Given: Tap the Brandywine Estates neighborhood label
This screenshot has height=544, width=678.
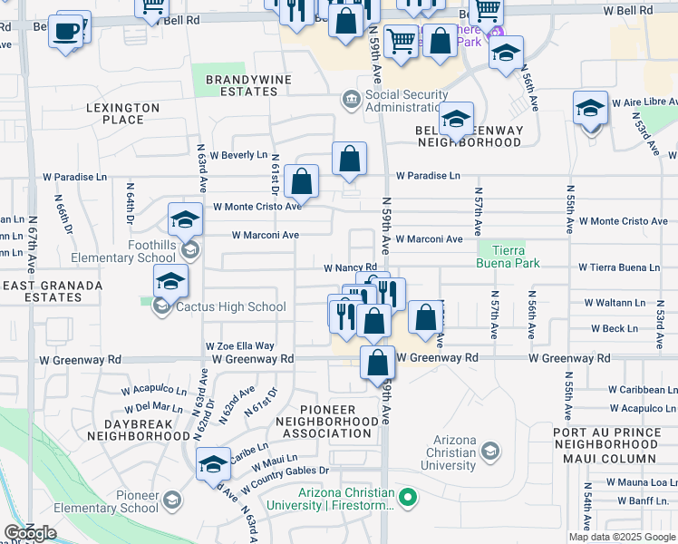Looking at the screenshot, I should pos(241,85).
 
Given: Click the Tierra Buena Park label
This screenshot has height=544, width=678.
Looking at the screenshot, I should pos(508,257).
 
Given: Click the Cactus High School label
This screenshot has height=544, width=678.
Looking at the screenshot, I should pos(230,306).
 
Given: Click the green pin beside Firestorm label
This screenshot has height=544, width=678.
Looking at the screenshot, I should pos(408,496).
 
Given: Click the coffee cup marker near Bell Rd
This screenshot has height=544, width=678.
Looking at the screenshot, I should pos(66,32).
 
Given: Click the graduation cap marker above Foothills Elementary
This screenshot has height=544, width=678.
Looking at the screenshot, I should pos(185,219).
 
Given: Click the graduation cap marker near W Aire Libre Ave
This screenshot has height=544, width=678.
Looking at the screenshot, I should pos(590,109).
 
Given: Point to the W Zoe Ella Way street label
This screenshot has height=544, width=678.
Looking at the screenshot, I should pos(240,345).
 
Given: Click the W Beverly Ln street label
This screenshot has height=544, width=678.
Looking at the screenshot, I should pos(245,155).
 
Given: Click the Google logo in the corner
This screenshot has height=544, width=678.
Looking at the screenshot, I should pos(30,533).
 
